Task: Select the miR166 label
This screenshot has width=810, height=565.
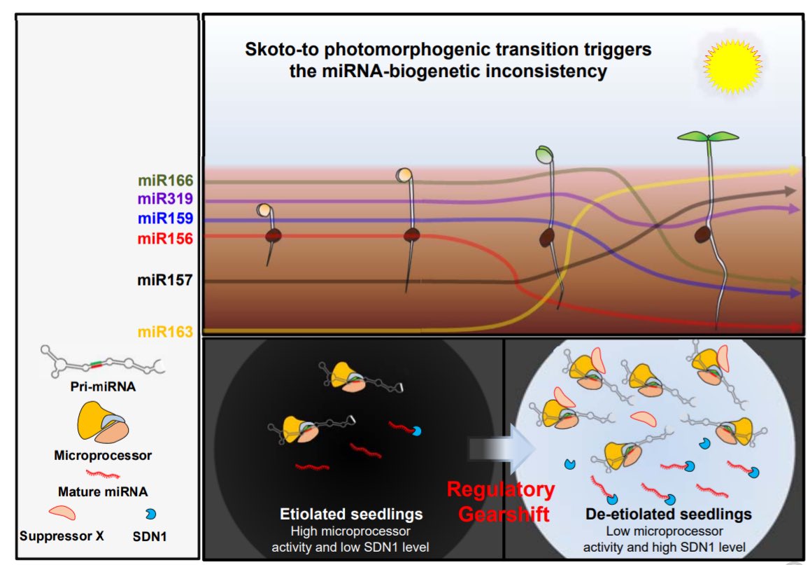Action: [x=165, y=181]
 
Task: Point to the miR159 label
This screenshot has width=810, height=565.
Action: [x=165, y=219]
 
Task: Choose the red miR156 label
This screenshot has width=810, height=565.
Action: [x=165, y=239]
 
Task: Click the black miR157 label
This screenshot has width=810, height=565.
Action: [x=165, y=281]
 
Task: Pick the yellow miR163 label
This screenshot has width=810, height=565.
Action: [x=165, y=331]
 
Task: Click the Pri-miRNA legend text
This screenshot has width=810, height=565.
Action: [x=103, y=384]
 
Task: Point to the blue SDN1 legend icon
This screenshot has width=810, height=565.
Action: [x=150, y=515]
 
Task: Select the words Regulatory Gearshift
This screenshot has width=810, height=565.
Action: [x=501, y=501]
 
